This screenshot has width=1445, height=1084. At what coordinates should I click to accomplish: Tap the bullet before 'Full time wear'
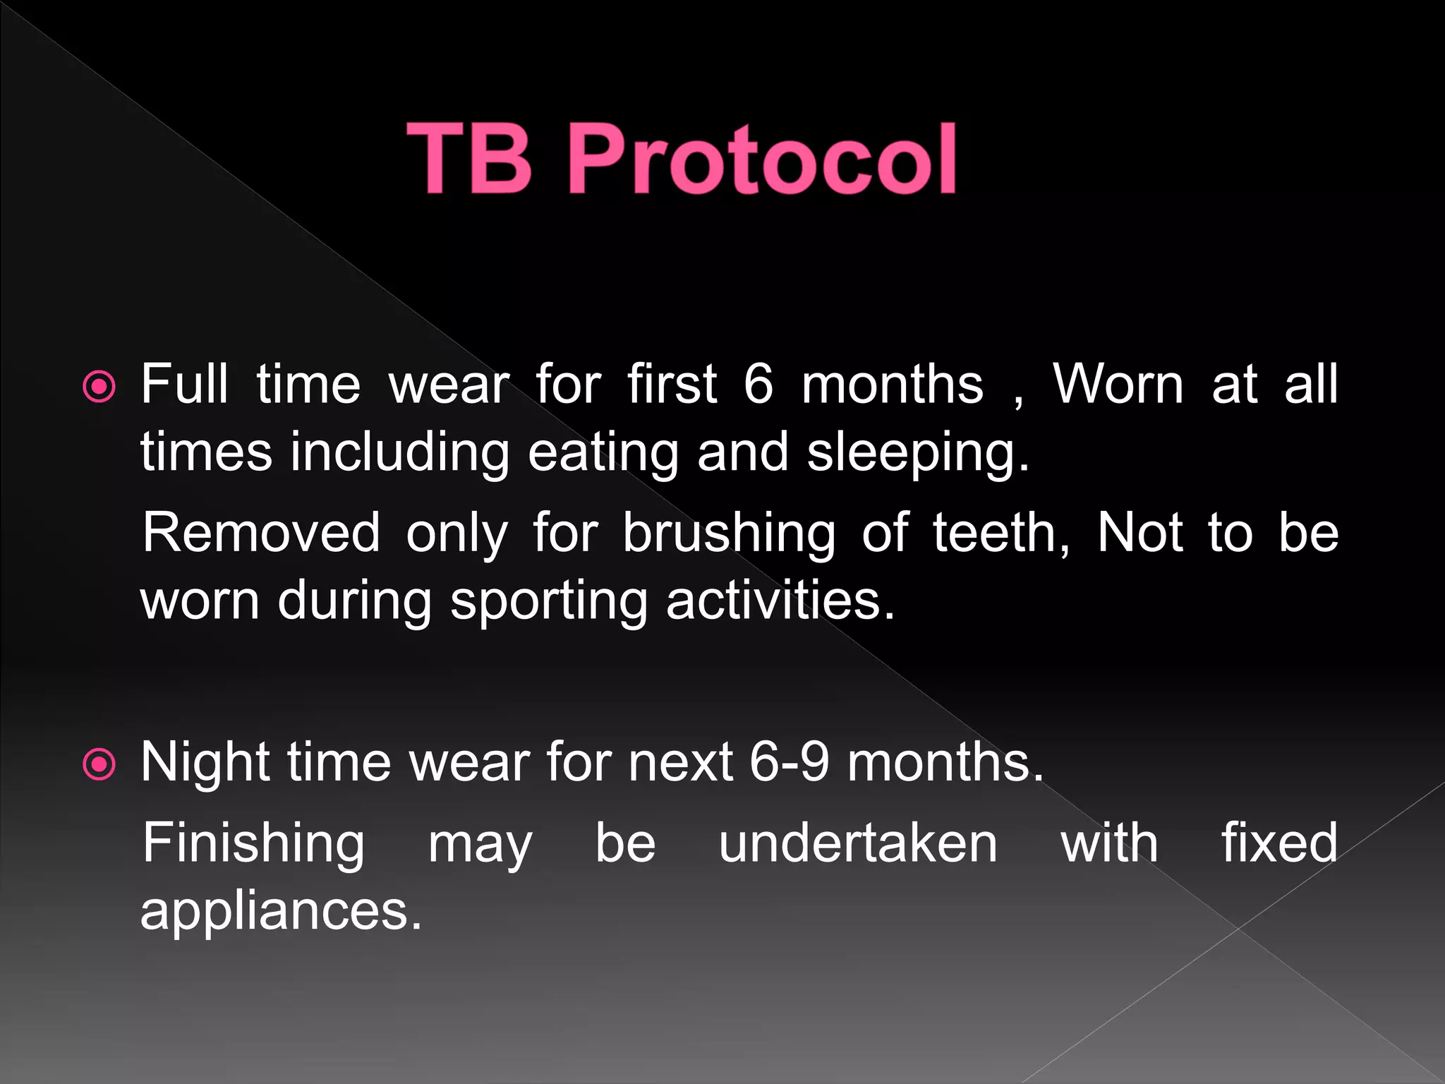[x=99, y=387]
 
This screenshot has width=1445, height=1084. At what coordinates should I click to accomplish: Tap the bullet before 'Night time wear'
[x=99, y=764]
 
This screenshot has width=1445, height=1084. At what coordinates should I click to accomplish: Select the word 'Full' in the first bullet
[x=184, y=384]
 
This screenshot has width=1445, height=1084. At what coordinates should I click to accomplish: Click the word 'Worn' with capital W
[x=1118, y=384]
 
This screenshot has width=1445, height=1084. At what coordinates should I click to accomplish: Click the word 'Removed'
[x=261, y=532]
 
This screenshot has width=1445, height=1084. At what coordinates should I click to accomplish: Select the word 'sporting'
[x=548, y=602]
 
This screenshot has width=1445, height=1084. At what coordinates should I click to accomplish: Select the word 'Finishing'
[x=253, y=844]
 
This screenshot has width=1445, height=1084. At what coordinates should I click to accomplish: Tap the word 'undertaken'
[x=858, y=843]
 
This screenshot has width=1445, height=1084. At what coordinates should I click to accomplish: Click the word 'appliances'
[x=280, y=912]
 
